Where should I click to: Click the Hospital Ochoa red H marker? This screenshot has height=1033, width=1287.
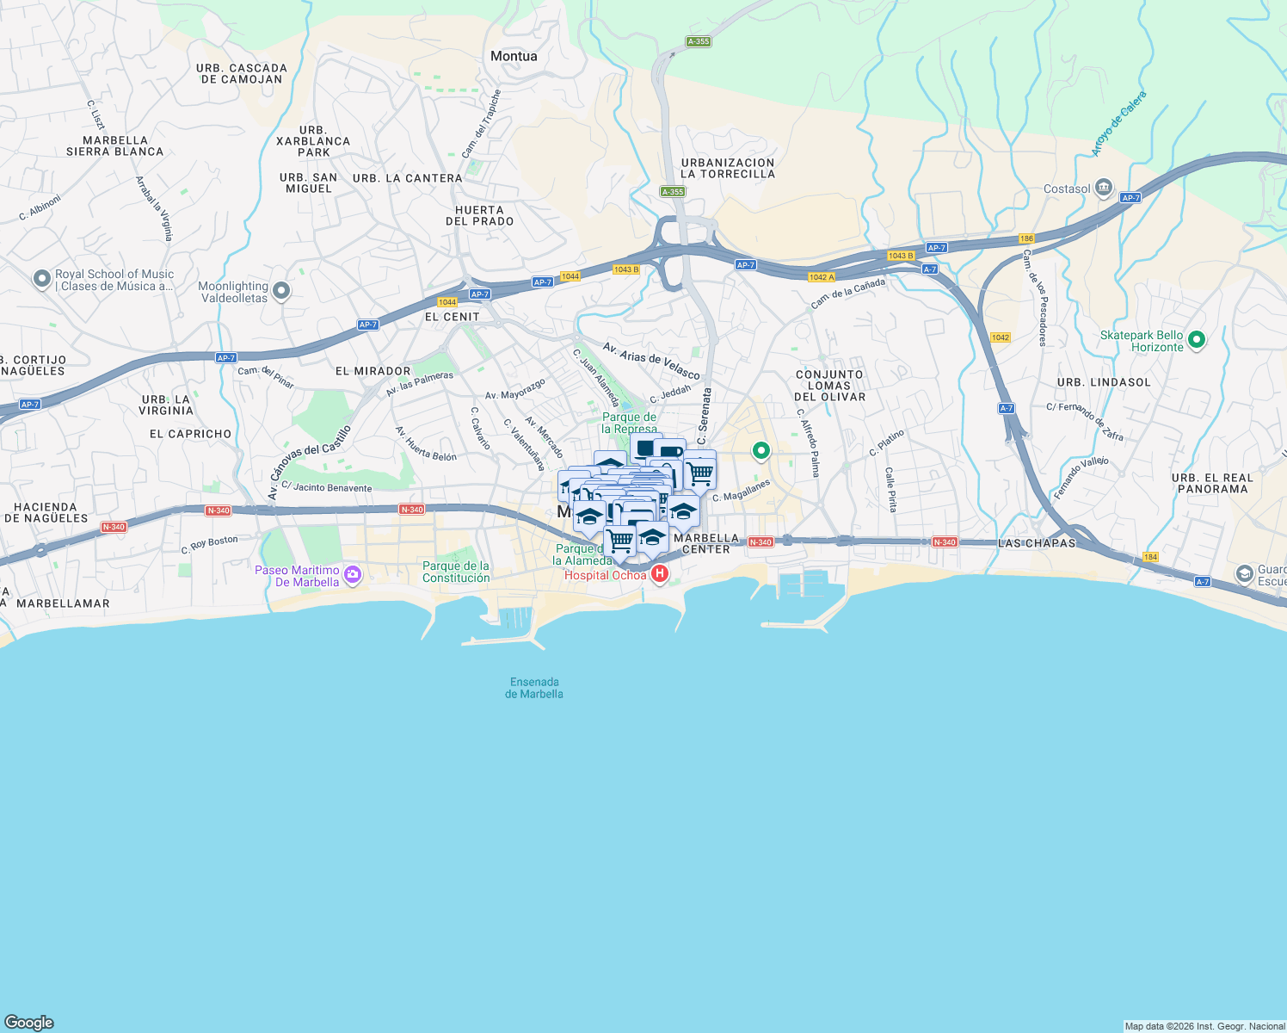[660, 574]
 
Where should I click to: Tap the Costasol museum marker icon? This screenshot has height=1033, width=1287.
[1104, 189]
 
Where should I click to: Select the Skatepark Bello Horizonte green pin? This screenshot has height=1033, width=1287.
[1196, 340]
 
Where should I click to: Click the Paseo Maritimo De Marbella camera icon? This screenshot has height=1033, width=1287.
[352, 575]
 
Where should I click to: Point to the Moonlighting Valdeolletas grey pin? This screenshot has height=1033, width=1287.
[280, 292]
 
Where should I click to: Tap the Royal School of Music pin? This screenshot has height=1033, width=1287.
[41, 279]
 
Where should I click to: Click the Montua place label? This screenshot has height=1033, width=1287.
[514, 57]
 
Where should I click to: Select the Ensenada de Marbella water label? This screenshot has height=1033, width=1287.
[534, 688]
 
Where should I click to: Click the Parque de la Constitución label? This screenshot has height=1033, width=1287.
[456, 572]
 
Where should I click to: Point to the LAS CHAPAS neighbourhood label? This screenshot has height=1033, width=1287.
[1037, 543]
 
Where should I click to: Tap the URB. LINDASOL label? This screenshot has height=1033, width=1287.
[1104, 382]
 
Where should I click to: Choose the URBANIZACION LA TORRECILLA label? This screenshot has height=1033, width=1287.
[728, 168]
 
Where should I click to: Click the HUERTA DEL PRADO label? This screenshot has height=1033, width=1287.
[480, 215]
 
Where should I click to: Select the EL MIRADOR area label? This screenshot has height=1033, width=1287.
[373, 371]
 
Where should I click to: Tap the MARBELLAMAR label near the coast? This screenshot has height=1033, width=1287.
[63, 603]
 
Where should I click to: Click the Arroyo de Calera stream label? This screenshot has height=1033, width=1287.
[1119, 124]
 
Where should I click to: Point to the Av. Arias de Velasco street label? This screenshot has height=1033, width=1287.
[651, 360]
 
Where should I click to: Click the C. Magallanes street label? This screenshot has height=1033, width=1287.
[741, 492]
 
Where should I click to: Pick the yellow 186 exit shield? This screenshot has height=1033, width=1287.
[1026, 238]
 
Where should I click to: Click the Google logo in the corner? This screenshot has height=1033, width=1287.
[29, 1023]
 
